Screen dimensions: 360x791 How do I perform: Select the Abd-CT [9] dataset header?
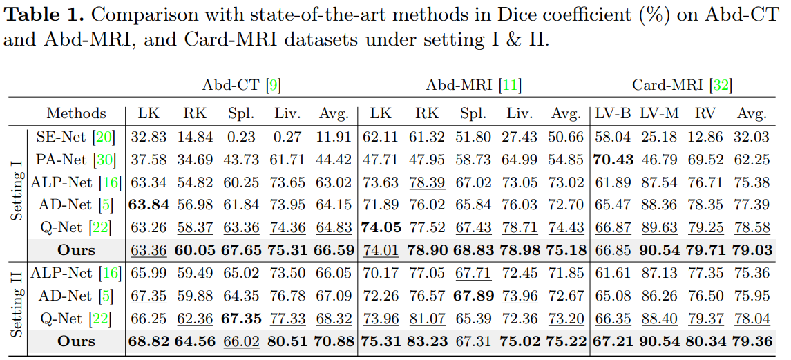pos(241,86)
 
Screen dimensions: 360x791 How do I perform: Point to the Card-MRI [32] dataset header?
pos(682,86)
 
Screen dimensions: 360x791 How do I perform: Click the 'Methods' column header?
pos(76,113)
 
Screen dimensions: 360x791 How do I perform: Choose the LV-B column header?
pos(613,113)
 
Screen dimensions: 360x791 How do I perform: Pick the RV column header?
pos(705,113)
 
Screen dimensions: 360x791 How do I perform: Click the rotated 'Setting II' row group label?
pos(17,305)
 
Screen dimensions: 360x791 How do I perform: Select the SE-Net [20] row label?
pos(70,137)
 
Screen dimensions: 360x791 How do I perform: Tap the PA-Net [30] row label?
pos(70,160)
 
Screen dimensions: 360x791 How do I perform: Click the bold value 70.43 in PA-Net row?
pos(613,160)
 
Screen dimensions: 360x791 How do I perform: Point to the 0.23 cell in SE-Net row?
pos(241,137)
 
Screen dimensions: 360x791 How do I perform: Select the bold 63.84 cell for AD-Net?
pos(148,205)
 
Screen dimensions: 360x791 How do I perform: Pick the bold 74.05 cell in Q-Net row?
pos(381,228)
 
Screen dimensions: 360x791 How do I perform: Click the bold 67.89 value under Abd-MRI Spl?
pos(473,296)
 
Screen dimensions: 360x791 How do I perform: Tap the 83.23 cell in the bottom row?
pos(426,341)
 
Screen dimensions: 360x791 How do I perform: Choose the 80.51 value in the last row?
pos(287,341)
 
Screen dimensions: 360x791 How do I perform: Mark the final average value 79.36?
pos(752,341)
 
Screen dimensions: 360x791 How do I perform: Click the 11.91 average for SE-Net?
pos(334,137)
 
